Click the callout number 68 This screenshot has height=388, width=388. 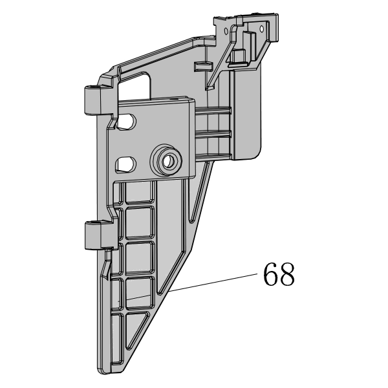tap(279, 274)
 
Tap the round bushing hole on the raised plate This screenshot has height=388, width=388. tap(169, 161)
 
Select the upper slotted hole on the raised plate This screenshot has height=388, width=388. tap(126, 122)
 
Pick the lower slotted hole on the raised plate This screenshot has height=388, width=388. tap(125, 164)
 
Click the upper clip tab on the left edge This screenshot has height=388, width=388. tap(92, 100)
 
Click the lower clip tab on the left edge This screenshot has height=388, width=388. tap(93, 235)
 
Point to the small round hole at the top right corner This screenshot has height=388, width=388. tap(261, 28)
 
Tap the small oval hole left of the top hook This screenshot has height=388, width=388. tap(226, 32)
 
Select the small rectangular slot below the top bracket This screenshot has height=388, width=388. tap(204, 67)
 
